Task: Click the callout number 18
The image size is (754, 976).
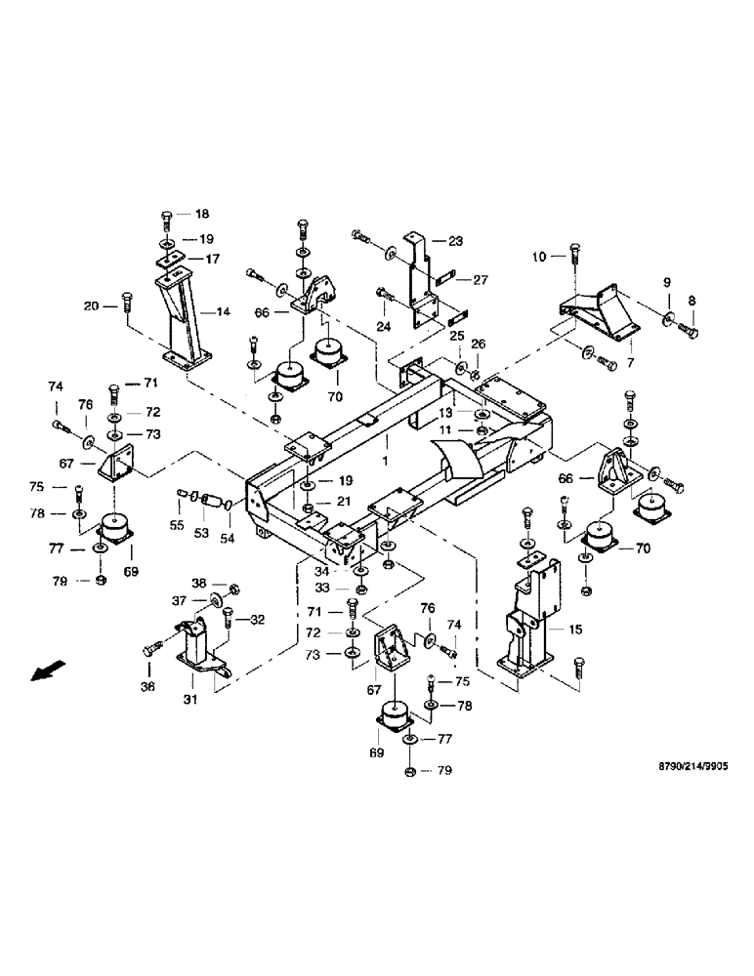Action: pyautogui.click(x=202, y=214)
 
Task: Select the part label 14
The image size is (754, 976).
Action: pyautogui.click(x=223, y=312)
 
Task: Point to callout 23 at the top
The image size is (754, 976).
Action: pyautogui.click(x=455, y=240)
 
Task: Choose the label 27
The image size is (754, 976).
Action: pyautogui.click(x=480, y=279)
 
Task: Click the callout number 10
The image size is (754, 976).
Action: pyautogui.click(x=539, y=257)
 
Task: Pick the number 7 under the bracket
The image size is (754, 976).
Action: pyautogui.click(x=630, y=363)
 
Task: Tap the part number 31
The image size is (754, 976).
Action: pyautogui.click(x=191, y=699)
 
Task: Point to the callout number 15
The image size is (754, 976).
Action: pyautogui.click(x=575, y=630)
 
